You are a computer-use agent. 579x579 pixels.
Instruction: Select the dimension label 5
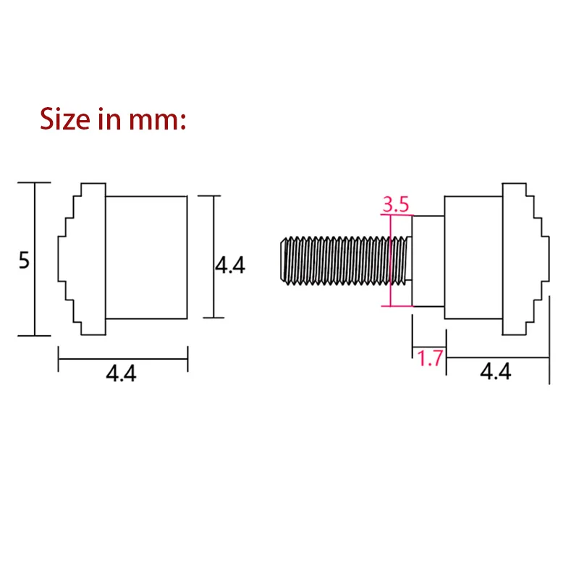coord(24,261)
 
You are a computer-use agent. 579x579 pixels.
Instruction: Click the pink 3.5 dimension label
coord(396,204)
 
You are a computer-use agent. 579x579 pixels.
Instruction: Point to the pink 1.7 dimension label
coord(429,359)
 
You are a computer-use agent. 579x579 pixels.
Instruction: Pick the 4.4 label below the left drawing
coord(121,373)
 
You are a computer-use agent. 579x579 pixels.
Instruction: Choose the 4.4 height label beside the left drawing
coord(230,266)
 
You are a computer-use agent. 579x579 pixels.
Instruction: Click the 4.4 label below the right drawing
coord(496,371)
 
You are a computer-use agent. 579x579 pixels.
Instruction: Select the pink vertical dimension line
coord(390,261)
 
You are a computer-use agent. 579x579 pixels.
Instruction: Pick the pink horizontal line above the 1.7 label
coord(428,347)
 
